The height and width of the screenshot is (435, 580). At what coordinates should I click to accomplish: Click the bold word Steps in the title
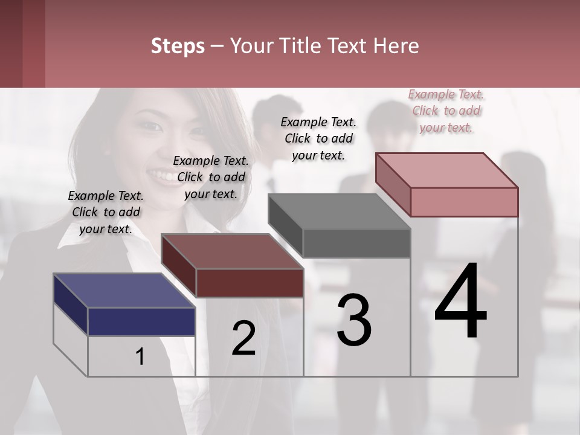pyautogui.click(x=178, y=46)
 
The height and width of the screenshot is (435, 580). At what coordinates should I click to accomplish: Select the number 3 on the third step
pyautogui.click(x=353, y=320)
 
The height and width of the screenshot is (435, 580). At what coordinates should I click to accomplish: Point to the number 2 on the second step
pyautogui.click(x=243, y=338)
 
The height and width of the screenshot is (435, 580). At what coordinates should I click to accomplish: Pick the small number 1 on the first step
pyautogui.click(x=140, y=357)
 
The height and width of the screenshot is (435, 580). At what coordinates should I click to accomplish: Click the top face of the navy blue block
pyautogui.click(x=124, y=290)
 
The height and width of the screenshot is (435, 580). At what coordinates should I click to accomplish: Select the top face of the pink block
pyautogui.click(x=446, y=170)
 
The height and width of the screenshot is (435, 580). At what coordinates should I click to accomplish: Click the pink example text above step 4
pyautogui.click(x=446, y=111)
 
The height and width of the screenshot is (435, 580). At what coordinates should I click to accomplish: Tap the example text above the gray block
pyautogui.click(x=318, y=138)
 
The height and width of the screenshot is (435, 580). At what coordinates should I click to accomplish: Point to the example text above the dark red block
pyautogui.click(x=211, y=177)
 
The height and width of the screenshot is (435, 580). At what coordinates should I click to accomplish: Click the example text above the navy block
pyautogui.click(x=106, y=212)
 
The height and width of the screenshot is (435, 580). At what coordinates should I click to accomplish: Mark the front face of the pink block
pyautogui.click(x=464, y=202)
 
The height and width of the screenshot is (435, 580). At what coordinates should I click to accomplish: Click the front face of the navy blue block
pyautogui.click(x=141, y=321)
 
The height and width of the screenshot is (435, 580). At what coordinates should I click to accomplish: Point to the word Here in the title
pyautogui.click(x=396, y=46)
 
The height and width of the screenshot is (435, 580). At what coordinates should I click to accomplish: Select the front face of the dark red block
pyautogui.click(x=250, y=283)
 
